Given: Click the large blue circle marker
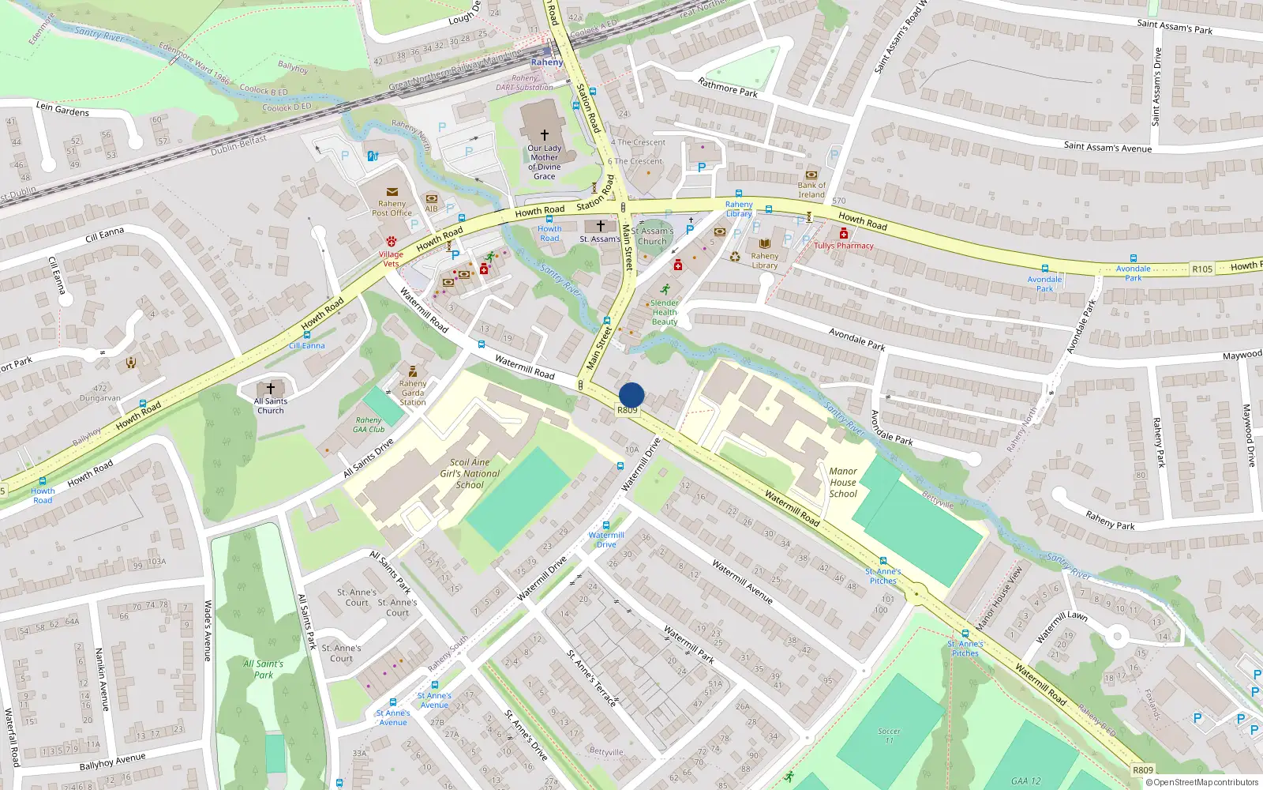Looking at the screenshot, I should [x=631, y=395].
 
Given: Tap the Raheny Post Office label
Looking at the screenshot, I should [x=392, y=209].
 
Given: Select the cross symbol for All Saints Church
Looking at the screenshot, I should [x=270, y=388].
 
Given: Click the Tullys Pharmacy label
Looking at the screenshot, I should [x=844, y=246].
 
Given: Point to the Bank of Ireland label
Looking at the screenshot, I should [x=811, y=190].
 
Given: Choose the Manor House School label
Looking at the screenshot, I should [x=843, y=482].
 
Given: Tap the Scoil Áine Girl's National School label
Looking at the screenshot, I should [x=470, y=474].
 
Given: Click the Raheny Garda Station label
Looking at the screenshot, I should [x=412, y=393].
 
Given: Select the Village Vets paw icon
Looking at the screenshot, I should [x=391, y=242].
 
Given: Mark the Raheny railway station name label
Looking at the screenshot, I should [x=546, y=62].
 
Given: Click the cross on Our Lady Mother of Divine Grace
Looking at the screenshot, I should [x=544, y=135].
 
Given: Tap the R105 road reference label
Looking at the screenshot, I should [x=1202, y=269].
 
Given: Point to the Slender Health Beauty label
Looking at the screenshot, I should [x=665, y=312].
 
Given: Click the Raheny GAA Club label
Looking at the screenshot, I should [x=369, y=425].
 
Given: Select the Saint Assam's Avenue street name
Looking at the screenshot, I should [x=1107, y=147].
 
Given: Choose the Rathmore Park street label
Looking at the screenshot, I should [x=727, y=87].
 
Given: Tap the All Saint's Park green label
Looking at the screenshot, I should [x=263, y=669].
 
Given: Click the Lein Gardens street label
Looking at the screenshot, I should [x=62, y=109].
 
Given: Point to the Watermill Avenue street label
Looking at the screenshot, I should [x=742, y=581].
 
